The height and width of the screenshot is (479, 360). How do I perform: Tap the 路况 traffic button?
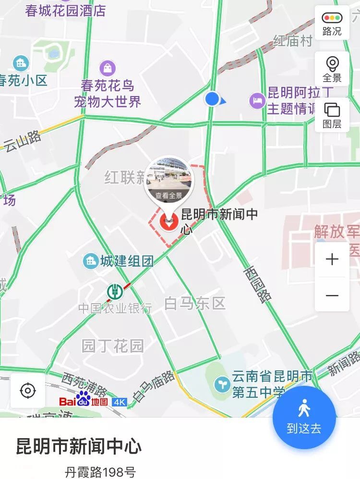pyautogui.click(x=332, y=24)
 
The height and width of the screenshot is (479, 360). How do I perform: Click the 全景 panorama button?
pyautogui.click(x=332, y=69)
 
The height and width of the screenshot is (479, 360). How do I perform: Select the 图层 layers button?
pyautogui.click(x=332, y=115)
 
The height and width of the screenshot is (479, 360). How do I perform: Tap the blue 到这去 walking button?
pyautogui.click(x=304, y=417)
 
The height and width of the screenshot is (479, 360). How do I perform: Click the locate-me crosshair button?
pyautogui.click(x=28, y=390)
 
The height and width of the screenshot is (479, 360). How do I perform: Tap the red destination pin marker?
pyautogui.click(x=168, y=222)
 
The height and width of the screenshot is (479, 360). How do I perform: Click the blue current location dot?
pyautogui.click(x=212, y=99)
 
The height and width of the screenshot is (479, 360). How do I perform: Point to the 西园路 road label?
pyautogui.click(x=258, y=283)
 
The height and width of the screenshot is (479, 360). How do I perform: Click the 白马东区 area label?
pyautogui.click(x=194, y=304)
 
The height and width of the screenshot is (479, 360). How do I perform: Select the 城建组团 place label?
pyautogui.click(x=127, y=261)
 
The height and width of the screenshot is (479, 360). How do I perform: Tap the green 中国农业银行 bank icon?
pyautogui.click(x=115, y=291)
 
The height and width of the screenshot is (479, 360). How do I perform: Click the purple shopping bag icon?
pyautogui.click(x=108, y=68)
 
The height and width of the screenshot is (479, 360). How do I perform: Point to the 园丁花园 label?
pyautogui.click(x=113, y=345)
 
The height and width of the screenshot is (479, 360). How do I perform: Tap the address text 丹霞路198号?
pyautogui.click(x=100, y=472)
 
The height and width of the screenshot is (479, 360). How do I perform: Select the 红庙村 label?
pyautogui.click(x=293, y=41)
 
